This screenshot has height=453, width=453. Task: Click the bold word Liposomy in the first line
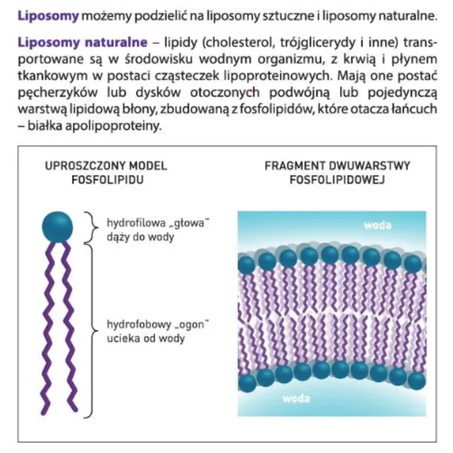(x=48, y=16)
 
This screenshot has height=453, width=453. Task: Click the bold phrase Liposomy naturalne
(x=82, y=42)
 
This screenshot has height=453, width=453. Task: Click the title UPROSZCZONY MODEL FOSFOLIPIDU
(x=106, y=173)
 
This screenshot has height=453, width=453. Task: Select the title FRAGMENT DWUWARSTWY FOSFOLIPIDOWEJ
(x=337, y=173)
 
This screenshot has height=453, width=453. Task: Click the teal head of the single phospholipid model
(x=57, y=227)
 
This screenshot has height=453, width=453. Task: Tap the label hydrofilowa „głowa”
(x=157, y=224)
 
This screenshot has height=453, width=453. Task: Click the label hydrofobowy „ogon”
(x=157, y=325)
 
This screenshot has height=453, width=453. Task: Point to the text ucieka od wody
(x=146, y=339)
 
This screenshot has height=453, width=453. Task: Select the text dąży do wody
(x=140, y=237)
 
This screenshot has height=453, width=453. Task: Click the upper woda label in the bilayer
(x=377, y=225)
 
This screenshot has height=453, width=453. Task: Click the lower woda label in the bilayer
(x=296, y=399)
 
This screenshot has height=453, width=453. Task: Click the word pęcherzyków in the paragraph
(x=58, y=93)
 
